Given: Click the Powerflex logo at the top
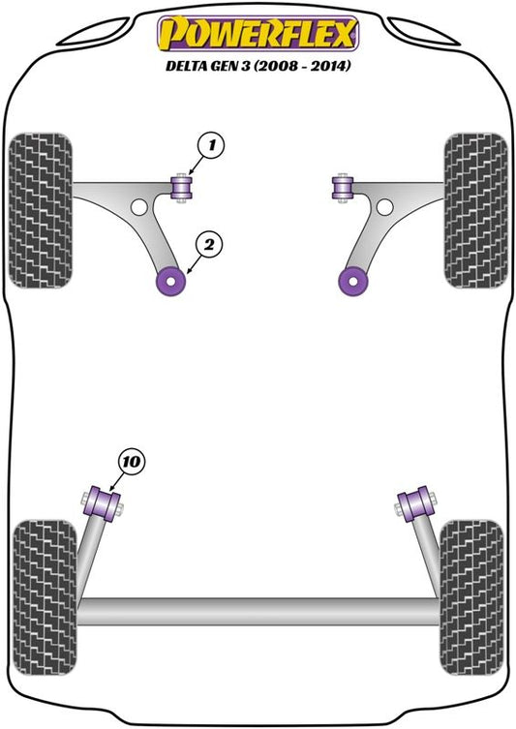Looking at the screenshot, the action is click(x=258, y=34).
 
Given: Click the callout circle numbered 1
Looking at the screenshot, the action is click(x=211, y=145).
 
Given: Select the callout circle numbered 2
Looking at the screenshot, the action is click(x=209, y=244).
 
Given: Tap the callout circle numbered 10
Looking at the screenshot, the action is click(x=132, y=463).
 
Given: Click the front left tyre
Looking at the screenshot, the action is click(x=41, y=211).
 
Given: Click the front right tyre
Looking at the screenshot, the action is click(x=475, y=211).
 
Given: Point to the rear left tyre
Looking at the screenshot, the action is click(x=45, y=598).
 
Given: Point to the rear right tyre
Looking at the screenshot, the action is click(x=470, y=598).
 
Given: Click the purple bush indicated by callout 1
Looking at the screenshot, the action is click(x=182, y=188).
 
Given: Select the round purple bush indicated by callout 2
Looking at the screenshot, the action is click(x=170, y=282).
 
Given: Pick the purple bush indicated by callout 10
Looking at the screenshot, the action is click(x=103, y=503).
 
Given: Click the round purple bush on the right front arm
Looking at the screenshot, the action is click(x=353, y=282).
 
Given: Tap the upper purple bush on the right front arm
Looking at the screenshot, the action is click(x=343, y=188).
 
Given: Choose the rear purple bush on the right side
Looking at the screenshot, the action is click(x=416, y=503).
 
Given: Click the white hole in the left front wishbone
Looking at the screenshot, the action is click(x=139, y=207).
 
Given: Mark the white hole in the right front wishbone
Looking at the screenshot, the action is click(x=384, y=207).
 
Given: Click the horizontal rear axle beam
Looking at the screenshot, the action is click(x=258, y=611).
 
